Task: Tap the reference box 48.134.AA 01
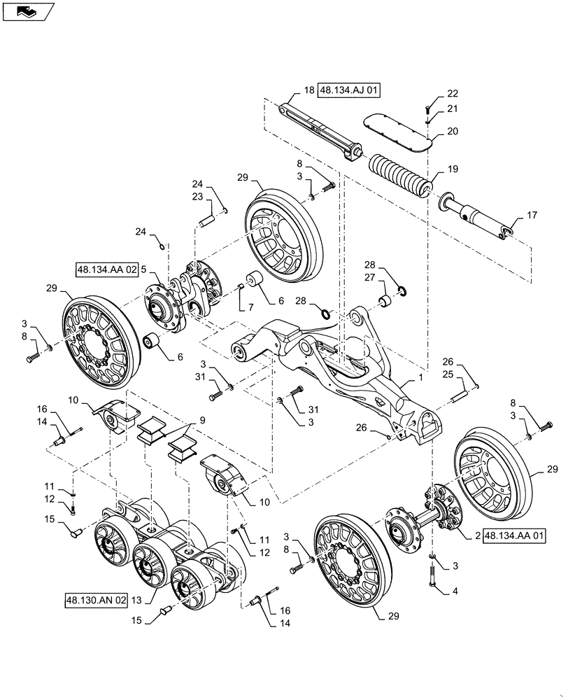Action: click(x=513, y=535)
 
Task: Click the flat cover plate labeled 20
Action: click(x=395, y=132)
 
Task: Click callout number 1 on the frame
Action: click(x=420, y=377)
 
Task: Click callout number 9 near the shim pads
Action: click(x=202, y=421)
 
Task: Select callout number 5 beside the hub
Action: click(x=143, y=268)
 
